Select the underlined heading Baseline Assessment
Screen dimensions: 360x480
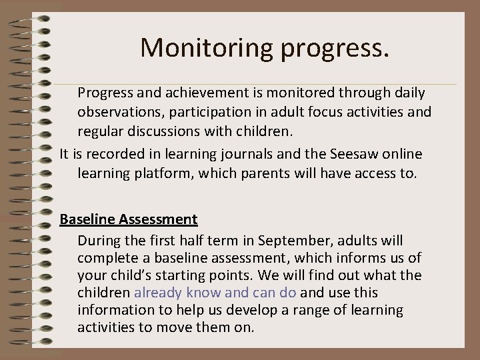128,219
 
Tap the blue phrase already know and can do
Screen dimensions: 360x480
217,292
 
